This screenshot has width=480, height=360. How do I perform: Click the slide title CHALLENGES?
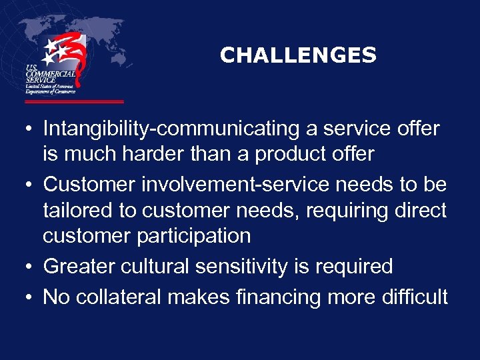tap(298, 55)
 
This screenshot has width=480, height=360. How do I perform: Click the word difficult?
tap(415, 297)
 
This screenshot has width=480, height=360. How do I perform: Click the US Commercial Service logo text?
tap(49, 79)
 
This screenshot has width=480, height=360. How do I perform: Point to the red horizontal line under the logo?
tap(74, 102)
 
